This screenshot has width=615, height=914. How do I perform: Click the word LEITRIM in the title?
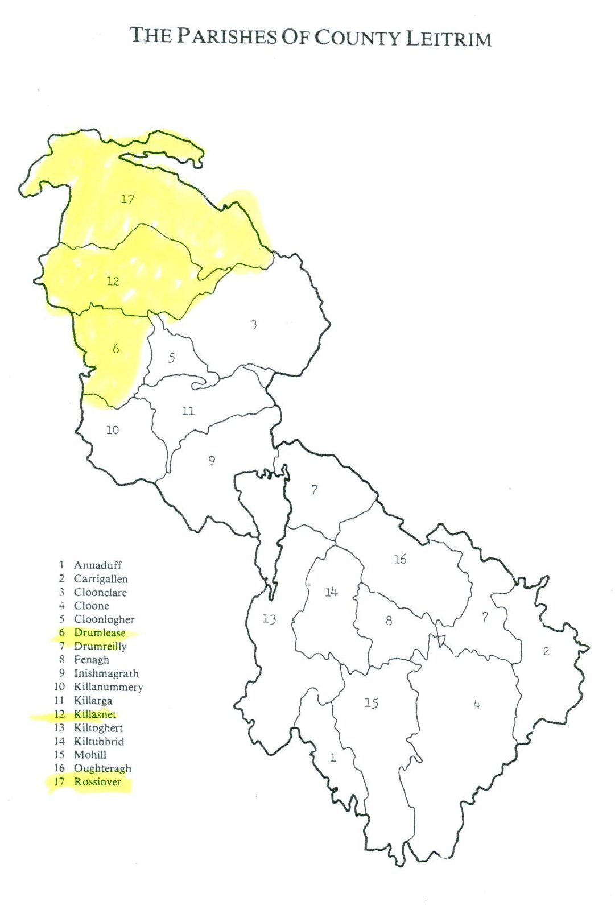pos(449,39)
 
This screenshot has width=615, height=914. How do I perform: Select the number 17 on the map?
pos(127,199)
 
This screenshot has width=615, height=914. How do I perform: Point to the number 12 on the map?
pos(113,281)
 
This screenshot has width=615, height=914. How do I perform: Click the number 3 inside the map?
pos(254,324)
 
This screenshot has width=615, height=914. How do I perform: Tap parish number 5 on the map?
pos(171,358)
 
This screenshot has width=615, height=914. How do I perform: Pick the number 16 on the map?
pos(400,559)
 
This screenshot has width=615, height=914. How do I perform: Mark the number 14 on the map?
pos(331,592)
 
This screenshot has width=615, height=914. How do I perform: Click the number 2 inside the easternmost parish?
pos(546,651)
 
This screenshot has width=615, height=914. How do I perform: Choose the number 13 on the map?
pos(269,618)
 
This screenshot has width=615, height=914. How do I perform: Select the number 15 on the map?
pos(371,704)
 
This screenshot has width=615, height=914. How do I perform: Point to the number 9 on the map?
pos(212,461)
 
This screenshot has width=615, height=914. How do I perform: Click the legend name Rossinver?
pos(97,782)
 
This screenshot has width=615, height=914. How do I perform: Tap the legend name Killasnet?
pos(94,714)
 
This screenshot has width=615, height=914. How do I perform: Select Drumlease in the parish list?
pos(100,633)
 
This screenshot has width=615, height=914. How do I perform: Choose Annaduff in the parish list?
pos(98,565)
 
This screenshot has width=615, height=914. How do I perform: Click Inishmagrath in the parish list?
pos(106,673)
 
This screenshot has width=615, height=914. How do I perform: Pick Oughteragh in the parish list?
pos(102,768)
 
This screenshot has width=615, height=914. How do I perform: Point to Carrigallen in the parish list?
pos(101,579)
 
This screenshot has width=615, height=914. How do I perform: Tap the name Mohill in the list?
pos(90,755)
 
